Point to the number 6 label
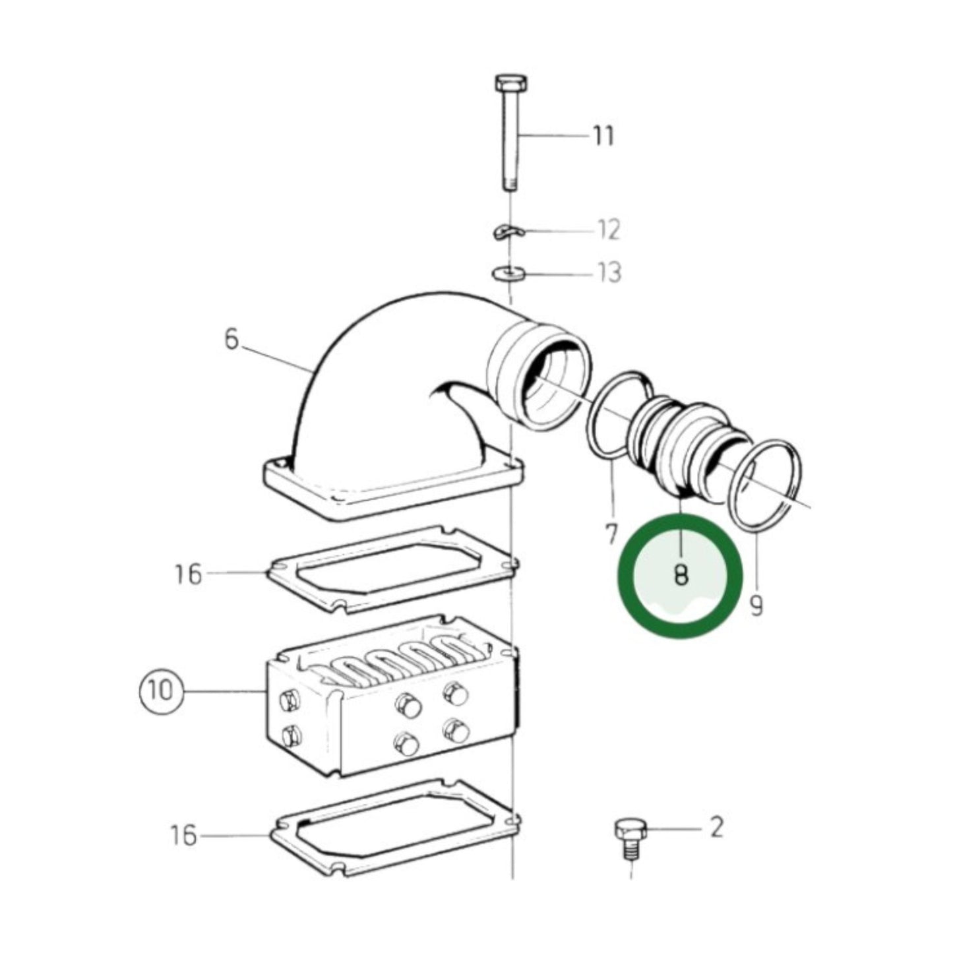tap(231, 340)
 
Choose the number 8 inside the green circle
tap(681, 576)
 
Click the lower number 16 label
tap(185, 836)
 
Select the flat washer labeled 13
tap(508, 272)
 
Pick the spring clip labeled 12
tap(507, 231)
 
